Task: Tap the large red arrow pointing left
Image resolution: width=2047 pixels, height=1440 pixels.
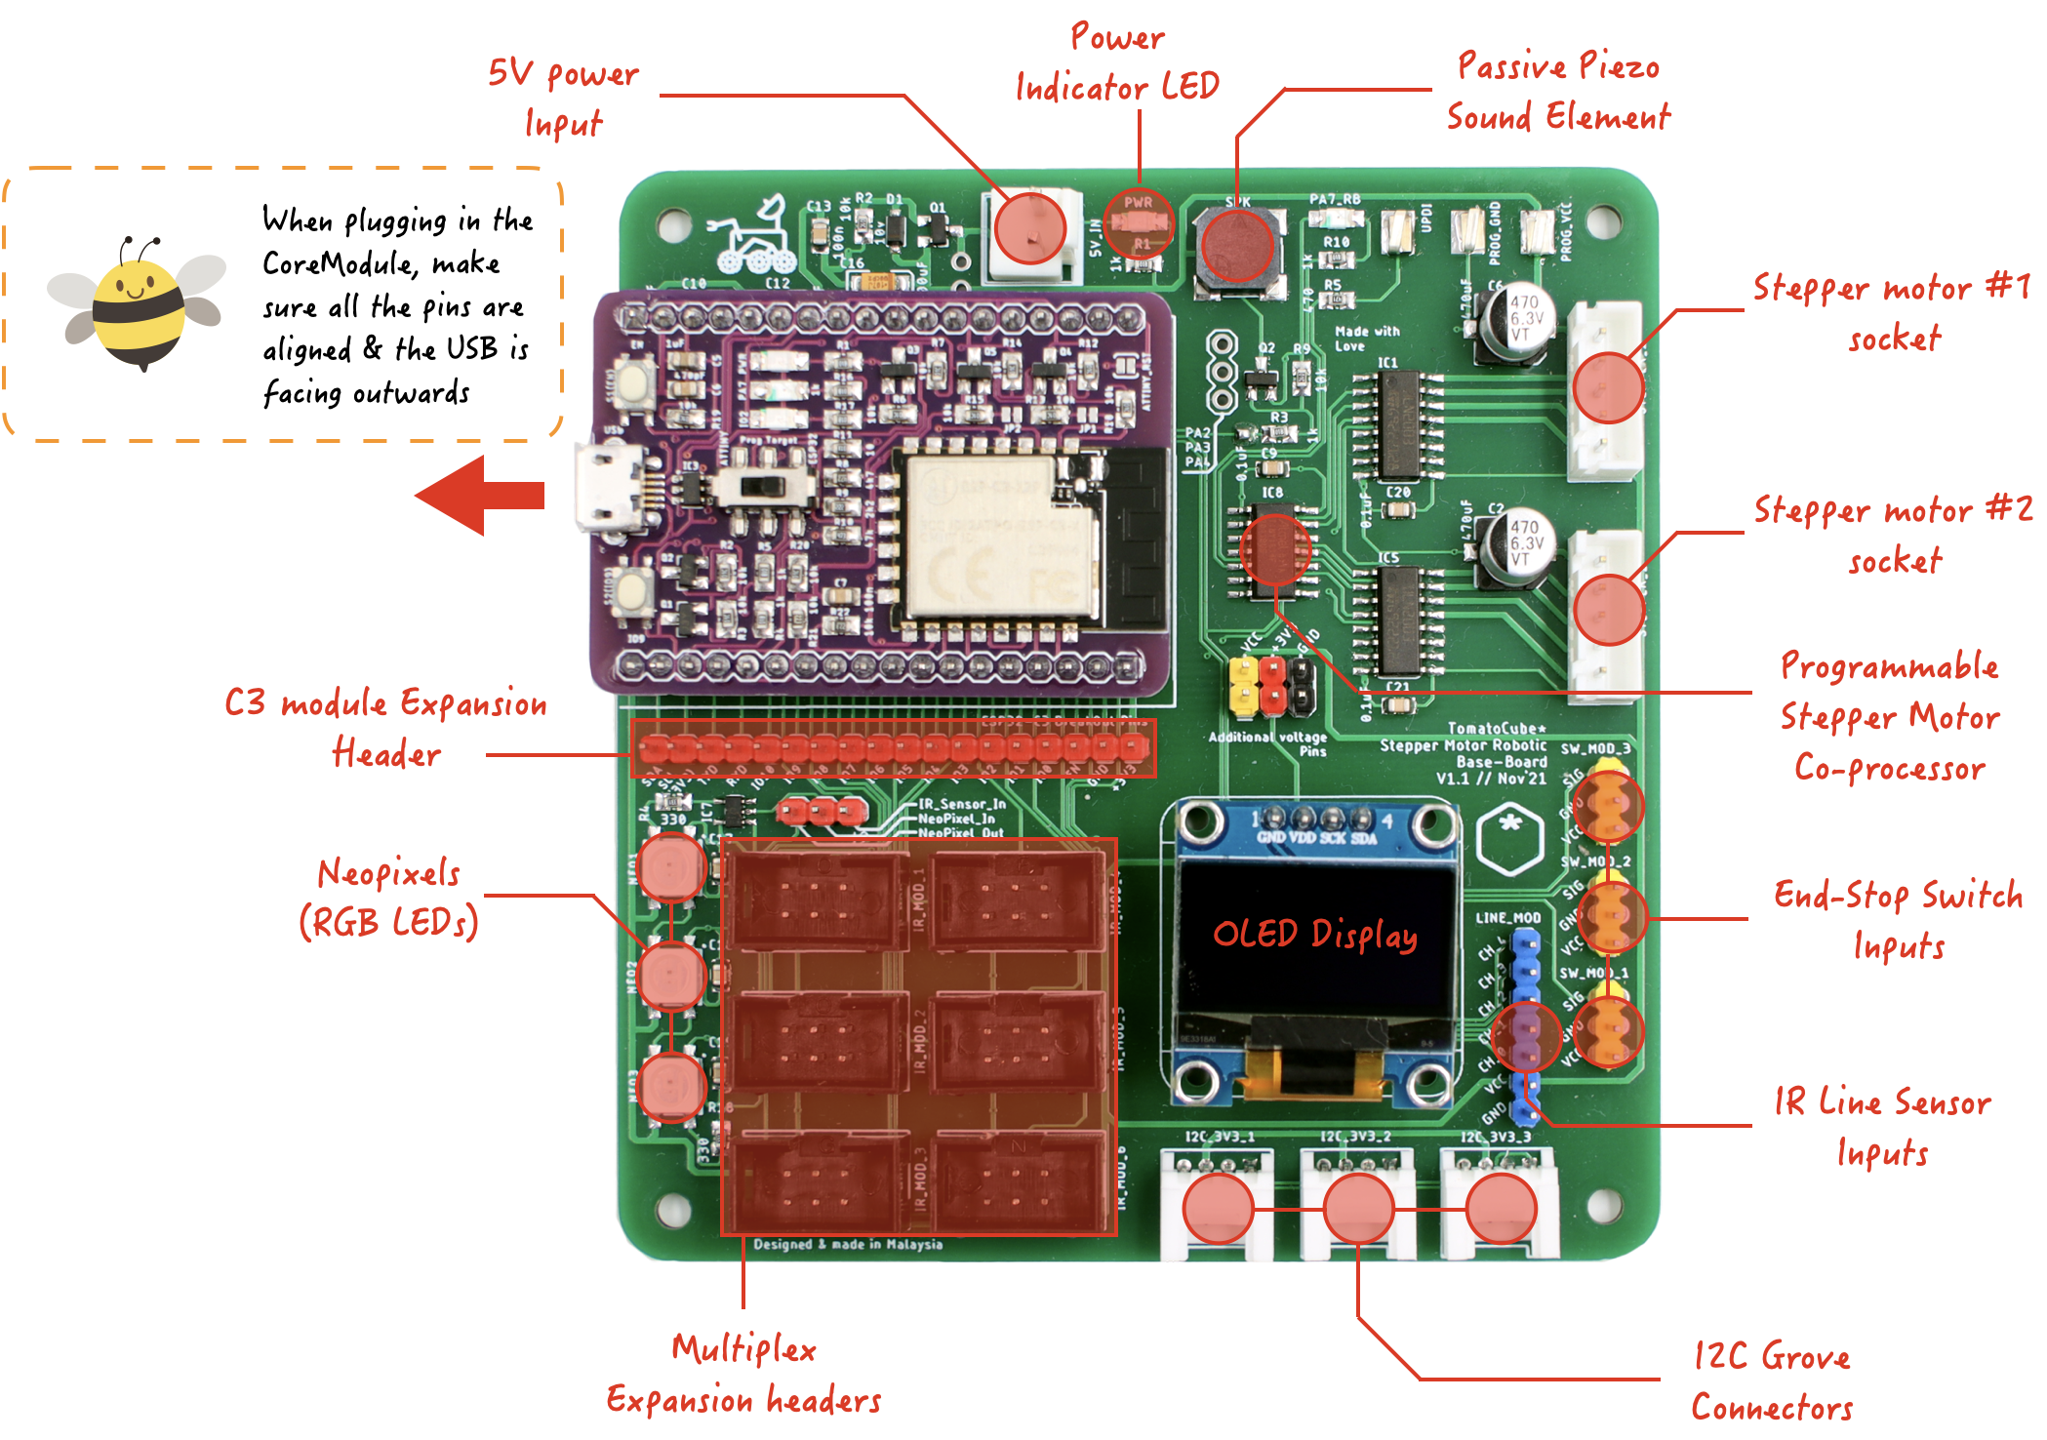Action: [x=480, y=496]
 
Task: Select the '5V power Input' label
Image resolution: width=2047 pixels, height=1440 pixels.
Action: [x=563, y=98]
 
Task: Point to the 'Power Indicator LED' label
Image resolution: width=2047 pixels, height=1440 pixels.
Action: [x=1117, y=62]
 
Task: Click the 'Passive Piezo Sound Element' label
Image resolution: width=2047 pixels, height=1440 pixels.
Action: [x=1558, y=92]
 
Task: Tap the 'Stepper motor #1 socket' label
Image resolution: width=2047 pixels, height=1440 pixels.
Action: [x=1892, y=312]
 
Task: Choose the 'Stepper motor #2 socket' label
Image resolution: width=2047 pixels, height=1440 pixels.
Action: [x=1893, y=535]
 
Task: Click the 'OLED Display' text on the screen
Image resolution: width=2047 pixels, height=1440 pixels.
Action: [x=1315, y=934]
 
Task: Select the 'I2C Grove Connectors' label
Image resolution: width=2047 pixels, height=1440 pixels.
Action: [x=1772, y=1381]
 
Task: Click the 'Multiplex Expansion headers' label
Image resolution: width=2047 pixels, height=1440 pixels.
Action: [x=743, y=1374]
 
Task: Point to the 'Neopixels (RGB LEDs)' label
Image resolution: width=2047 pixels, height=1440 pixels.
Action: [x=388, y=898]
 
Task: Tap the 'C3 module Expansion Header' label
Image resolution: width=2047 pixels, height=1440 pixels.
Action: [x=386, y=728]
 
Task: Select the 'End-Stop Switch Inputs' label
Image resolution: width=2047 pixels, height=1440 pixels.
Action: [x=1898, y=919]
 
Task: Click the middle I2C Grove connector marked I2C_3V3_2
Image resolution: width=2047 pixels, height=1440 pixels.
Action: [x=1357, y=1207]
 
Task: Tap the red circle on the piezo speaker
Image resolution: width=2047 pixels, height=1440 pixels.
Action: [x=1237, y=244]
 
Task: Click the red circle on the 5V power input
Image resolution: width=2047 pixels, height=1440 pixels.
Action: [x=1029, y=228]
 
